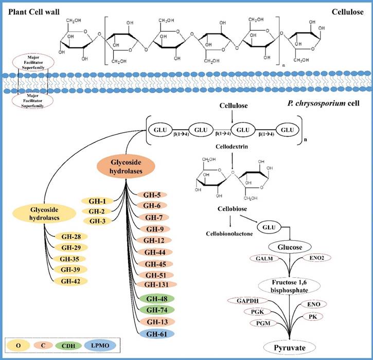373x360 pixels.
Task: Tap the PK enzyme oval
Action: point(313,316)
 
